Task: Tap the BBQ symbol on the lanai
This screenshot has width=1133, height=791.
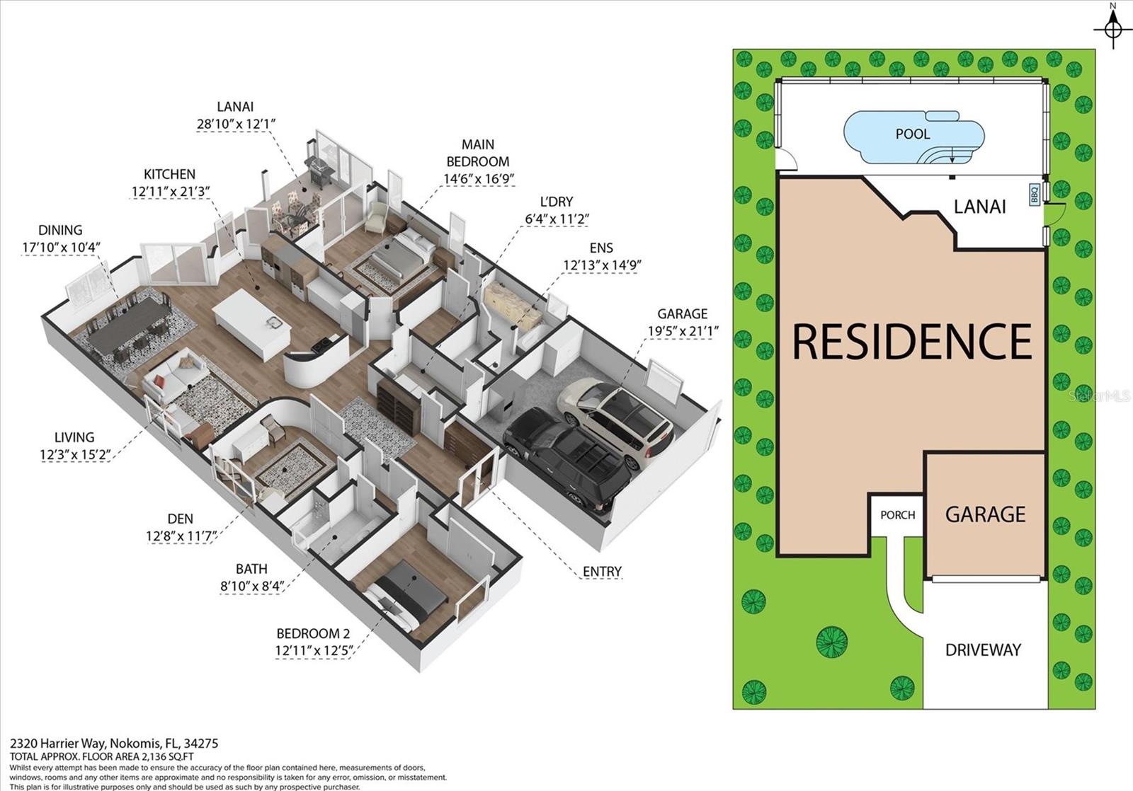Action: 1033,192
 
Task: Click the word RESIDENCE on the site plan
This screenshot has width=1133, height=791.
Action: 911,340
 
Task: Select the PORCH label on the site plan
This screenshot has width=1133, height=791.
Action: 897,515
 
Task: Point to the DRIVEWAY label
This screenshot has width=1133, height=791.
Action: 983,649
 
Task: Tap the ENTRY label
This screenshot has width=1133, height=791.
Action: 602,571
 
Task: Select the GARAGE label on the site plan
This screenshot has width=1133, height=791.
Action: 985,514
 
